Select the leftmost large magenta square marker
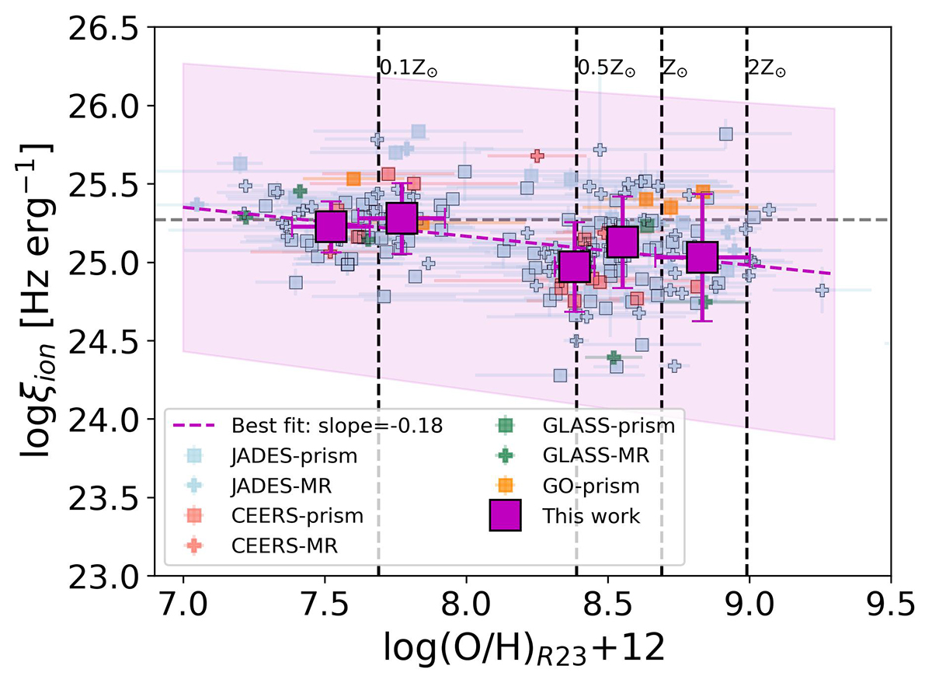pyautogui.click(x=331, y=226)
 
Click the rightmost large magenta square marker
pyautogui.click(x=702, y=257)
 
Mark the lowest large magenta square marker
pyautogui.click(x=575, y=266)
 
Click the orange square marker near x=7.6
pyautogui.click(x=353, y=179)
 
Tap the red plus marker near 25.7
pyautogui.click(x=537, y=155)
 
